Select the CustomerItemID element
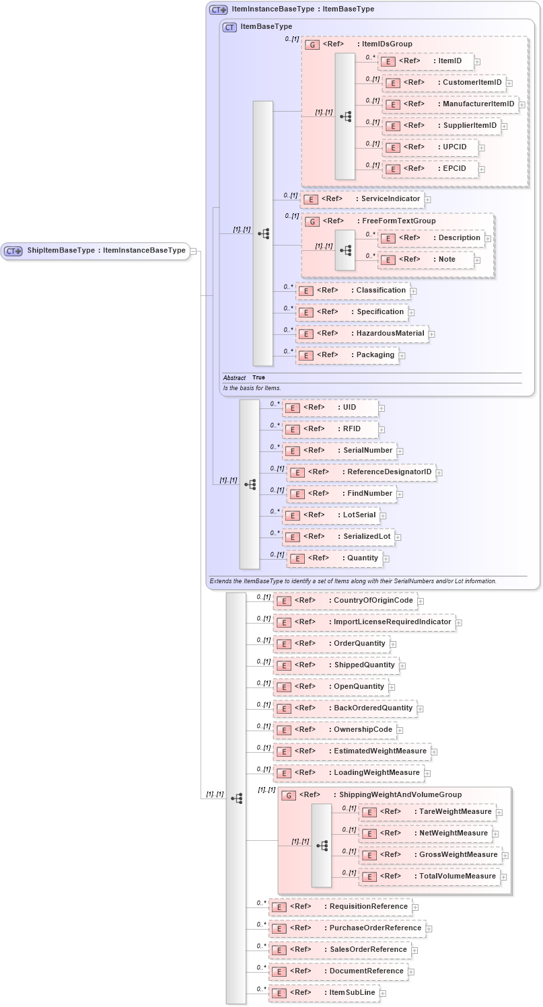coord(444,83)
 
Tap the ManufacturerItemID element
coord(449,104)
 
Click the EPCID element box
coord(430,169)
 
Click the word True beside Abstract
coord(258,378)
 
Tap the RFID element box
coord(330,429)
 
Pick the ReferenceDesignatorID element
coord(361,472)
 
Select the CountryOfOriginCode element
coord(345,601)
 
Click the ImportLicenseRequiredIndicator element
coord(364,622)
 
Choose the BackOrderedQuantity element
coord(345,708)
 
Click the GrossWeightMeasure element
coord(430,855)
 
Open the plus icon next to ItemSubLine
coord(383,993)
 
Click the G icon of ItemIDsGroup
coord(312,44)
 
